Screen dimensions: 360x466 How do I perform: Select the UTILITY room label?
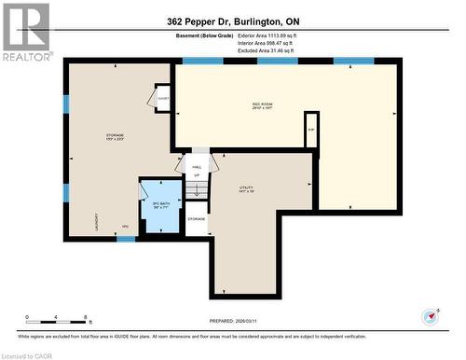pyautogui.click(x=246, y=189)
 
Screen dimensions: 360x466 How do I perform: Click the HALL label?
pyautogui.click(x=196, y=166)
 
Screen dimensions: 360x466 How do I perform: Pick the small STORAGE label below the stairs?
pyautogui.click(x=196, y=219)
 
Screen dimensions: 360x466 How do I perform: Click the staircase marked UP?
pyautogui.click(x=196, y=187)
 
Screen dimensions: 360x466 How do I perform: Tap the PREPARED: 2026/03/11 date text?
pyautogui.click(x=233, y=297)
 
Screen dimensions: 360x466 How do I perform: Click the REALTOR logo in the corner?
pyautogui.click(x=25, y=32)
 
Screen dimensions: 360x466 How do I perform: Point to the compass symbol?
pyautogui.click(x=430, y=315)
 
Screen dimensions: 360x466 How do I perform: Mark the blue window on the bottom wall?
pyautogui.click(x=126, y=239)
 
